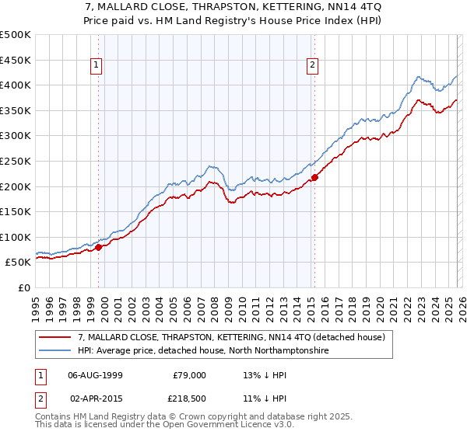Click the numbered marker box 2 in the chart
point(312,66)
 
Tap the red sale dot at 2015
point(314,177)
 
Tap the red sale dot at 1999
point(99,247)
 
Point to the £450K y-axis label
point(16,60)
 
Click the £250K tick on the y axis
point(16,161)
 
